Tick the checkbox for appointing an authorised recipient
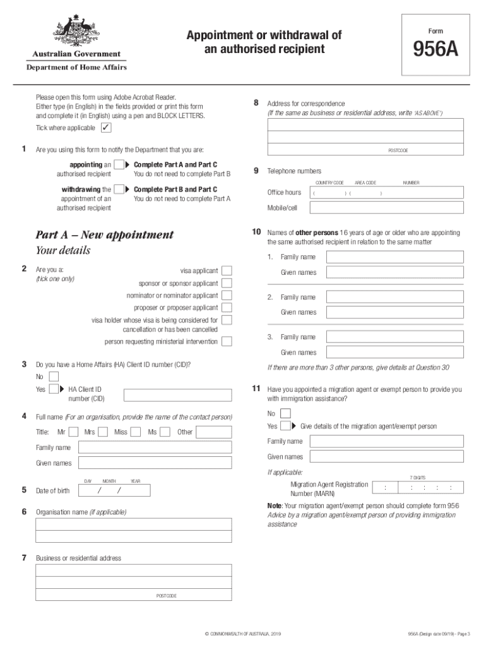point(118,165)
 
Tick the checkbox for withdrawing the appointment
point(118,190)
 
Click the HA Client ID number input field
point(177,396)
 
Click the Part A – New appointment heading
point(104,235)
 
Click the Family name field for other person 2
point(394,297)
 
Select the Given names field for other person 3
point(394,353)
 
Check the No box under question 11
point(285,413)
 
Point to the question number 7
point(24,558)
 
